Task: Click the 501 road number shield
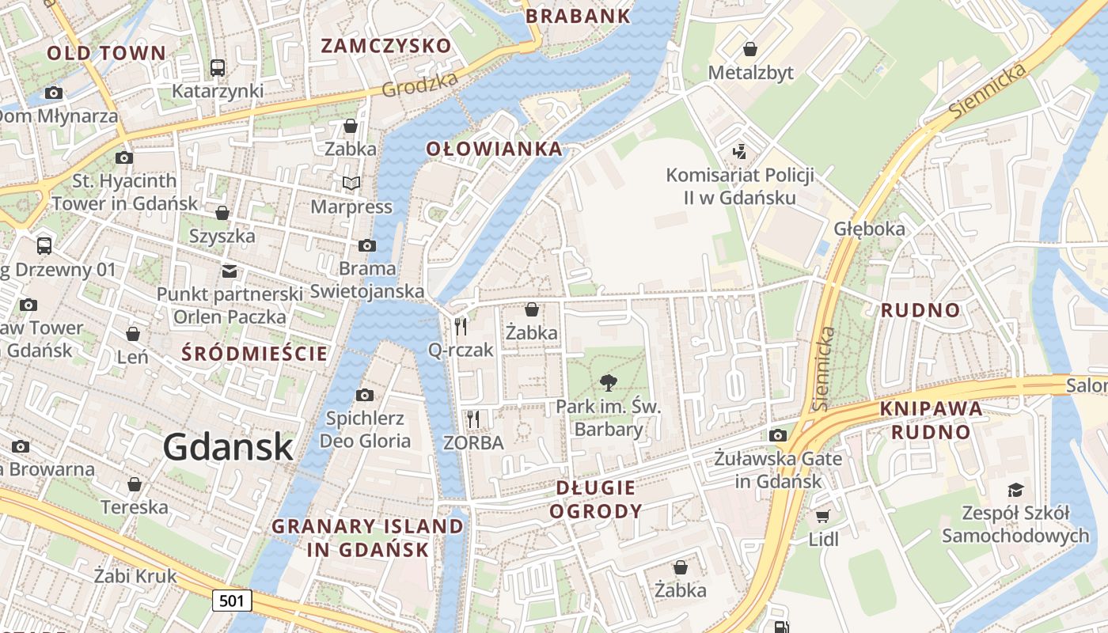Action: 232,601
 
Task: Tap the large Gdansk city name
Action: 229,448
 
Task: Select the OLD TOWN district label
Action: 107,54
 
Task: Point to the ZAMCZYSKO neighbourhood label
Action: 385,46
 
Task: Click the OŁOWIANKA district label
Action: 495,149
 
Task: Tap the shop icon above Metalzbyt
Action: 750,50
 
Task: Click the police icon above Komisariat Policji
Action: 740,151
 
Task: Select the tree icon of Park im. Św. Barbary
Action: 608,383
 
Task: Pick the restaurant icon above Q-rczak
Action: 461,326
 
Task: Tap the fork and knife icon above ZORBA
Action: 473,419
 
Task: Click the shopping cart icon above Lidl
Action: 823,516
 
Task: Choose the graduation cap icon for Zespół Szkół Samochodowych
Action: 1015,490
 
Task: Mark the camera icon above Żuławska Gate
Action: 778,435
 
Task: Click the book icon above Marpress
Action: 351,184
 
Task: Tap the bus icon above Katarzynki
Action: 218,68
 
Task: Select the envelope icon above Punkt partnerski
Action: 230,271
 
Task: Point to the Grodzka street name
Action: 419,85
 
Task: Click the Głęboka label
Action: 869,229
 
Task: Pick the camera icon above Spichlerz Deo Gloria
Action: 365,395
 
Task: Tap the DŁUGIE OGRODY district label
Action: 596,499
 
